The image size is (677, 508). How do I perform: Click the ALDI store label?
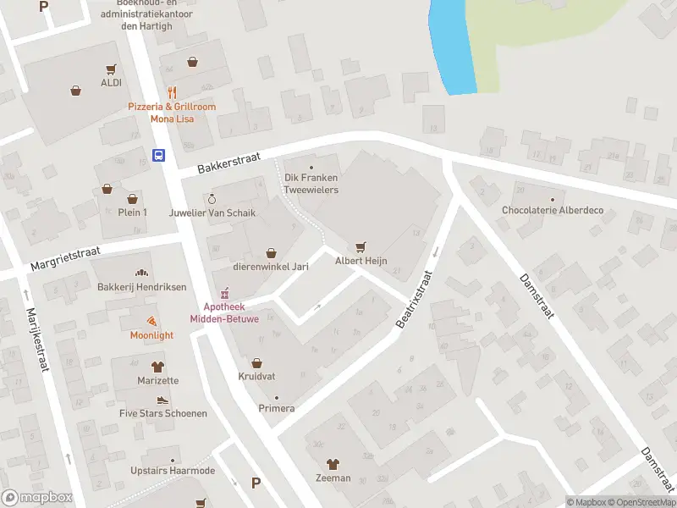(x=111, y=82)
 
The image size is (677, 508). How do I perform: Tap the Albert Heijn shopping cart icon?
(x=361, y=246)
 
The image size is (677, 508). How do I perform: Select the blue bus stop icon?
(x=158, y=154)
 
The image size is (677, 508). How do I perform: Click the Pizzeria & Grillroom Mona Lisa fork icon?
(x=172, y=92)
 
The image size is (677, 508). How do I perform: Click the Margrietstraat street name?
(x=66, y=257)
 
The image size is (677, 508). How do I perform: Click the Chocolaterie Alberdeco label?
(x=553, y=210)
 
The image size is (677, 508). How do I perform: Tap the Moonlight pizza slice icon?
(x=151, y=321)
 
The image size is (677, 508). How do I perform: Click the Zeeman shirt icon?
(x=333, y=464)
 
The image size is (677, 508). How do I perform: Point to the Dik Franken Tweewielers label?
(x=311, y=184)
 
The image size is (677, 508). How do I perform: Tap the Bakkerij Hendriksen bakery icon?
(x=141, y=273)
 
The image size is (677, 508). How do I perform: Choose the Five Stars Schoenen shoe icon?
(x=162, y=400)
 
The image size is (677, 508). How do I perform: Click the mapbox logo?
(x=36, y=498)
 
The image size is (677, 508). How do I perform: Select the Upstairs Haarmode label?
(x=173, y=471)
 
